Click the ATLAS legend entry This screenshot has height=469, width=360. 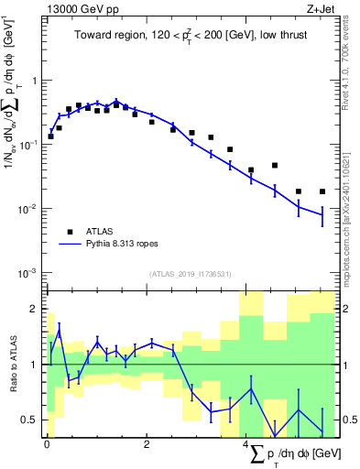99,232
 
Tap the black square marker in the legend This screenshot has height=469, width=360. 69,232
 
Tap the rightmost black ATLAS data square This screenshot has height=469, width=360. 322,191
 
